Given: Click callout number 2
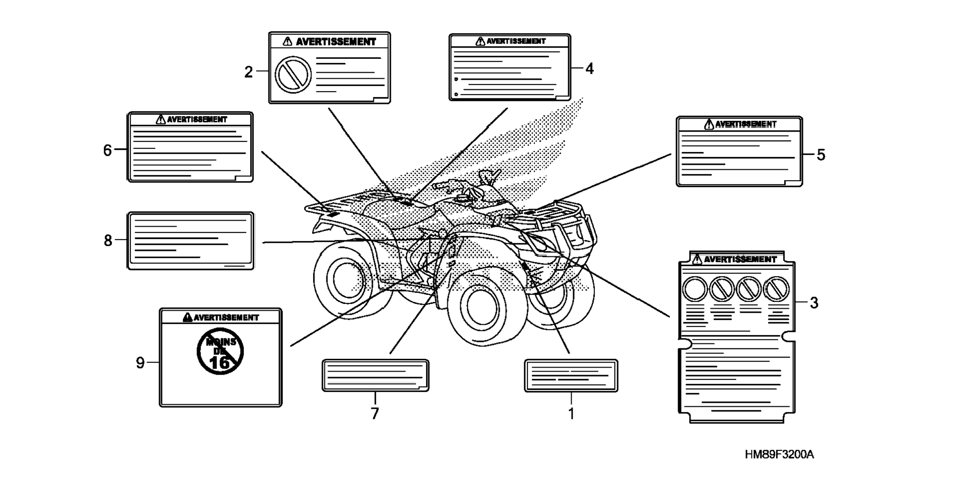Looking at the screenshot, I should (x=248, y=72).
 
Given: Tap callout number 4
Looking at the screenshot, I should (x=589, y=69).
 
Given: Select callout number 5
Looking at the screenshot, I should (x=821, y=155).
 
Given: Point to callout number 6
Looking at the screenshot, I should (x=107, y=150).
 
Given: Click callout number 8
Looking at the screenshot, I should (x=108, y=240).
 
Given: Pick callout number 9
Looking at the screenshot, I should (x=140, y=363).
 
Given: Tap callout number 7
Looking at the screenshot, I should (x=375, y=413).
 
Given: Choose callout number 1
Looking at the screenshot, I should (x=571, y=413).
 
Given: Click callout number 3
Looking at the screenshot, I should (x=814, y=302).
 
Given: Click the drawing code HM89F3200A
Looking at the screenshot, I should (x=779, y=454).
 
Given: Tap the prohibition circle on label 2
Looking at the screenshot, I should (x=293, y=75).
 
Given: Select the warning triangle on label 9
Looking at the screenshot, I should (x=187, y=317).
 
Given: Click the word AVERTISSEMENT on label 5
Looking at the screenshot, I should (x=745, y=124).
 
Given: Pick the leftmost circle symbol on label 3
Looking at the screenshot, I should (x=695, y=289).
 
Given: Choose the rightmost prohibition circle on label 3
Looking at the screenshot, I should (x=776, y=289).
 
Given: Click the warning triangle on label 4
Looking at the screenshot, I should (x=480, y=41).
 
